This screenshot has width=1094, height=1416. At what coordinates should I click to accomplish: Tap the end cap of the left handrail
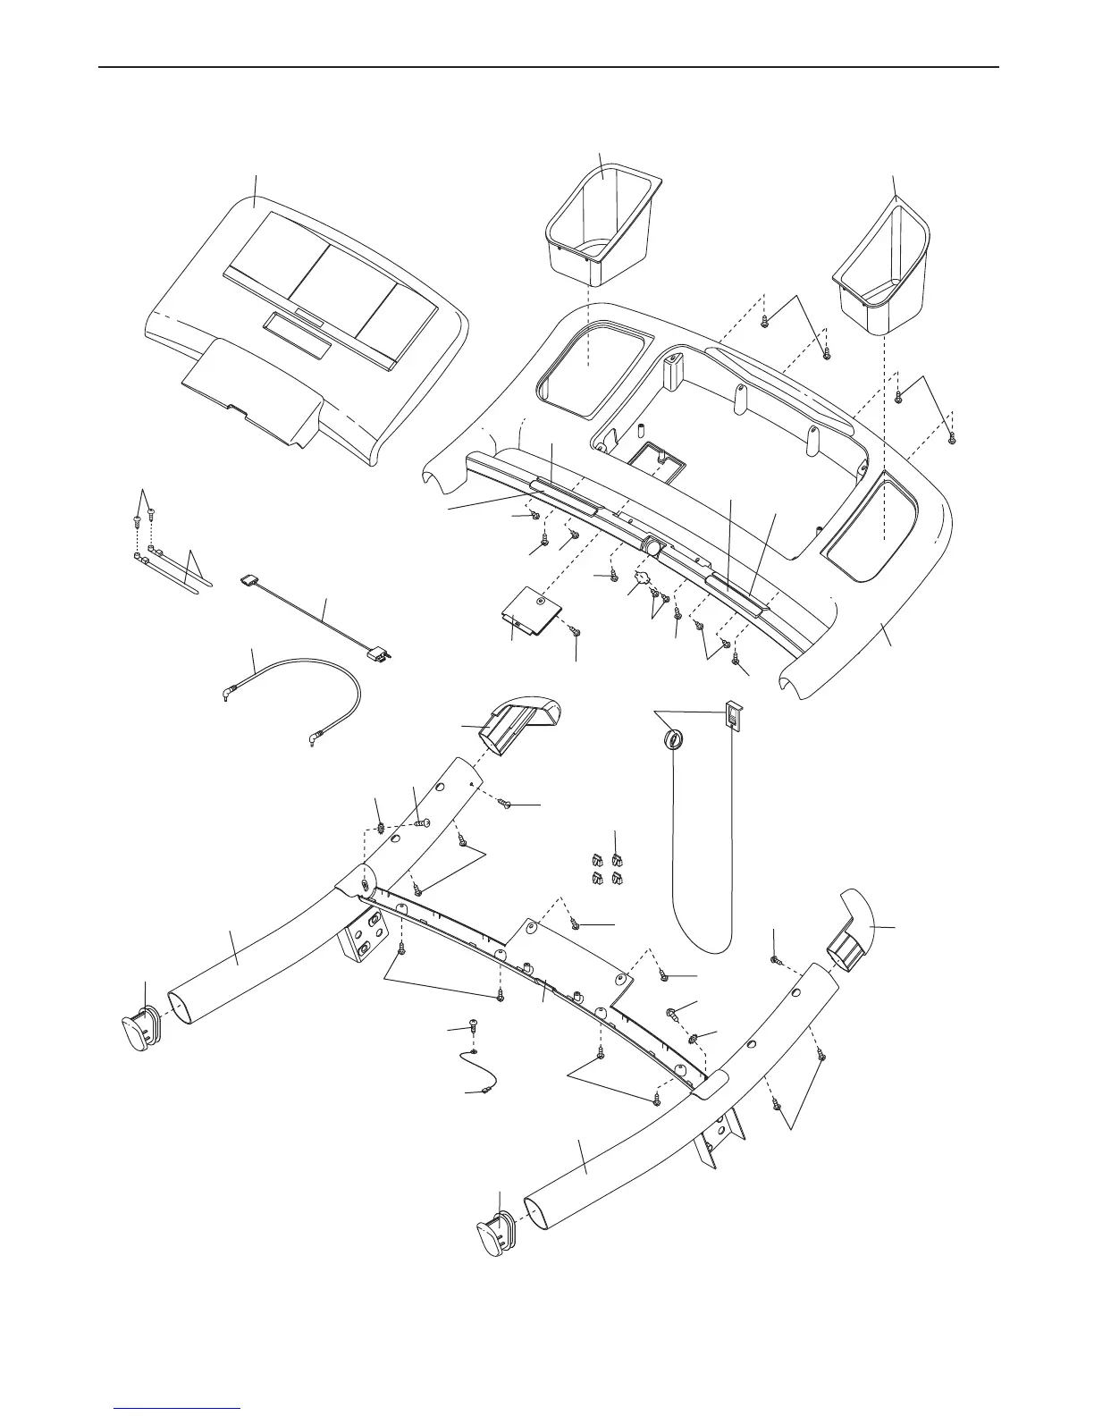click(x=139, y=1032)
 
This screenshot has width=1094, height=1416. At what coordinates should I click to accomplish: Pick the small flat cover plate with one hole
click(x=531, y=612)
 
